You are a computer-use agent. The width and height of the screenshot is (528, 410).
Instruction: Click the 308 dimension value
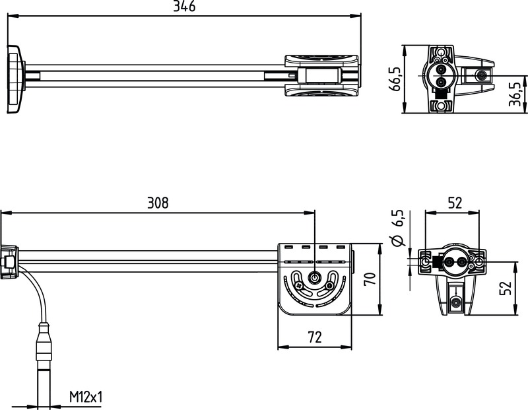(158, 203)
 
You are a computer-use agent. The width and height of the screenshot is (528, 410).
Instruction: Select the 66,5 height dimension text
(396, 79)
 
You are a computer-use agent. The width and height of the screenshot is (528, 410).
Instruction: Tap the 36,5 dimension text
(515, 95)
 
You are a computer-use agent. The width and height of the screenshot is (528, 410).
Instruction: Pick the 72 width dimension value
(314, 337)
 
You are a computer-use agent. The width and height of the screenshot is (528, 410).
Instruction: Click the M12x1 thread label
(86, 397)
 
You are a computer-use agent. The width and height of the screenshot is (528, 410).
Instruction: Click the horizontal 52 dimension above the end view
(454, 203)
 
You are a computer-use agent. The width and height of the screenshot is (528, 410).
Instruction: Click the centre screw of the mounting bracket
(314, 279)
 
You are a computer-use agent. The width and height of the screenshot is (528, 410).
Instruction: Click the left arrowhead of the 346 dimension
(11, 15)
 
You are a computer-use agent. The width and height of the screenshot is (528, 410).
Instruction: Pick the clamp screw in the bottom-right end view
(456, 302)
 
